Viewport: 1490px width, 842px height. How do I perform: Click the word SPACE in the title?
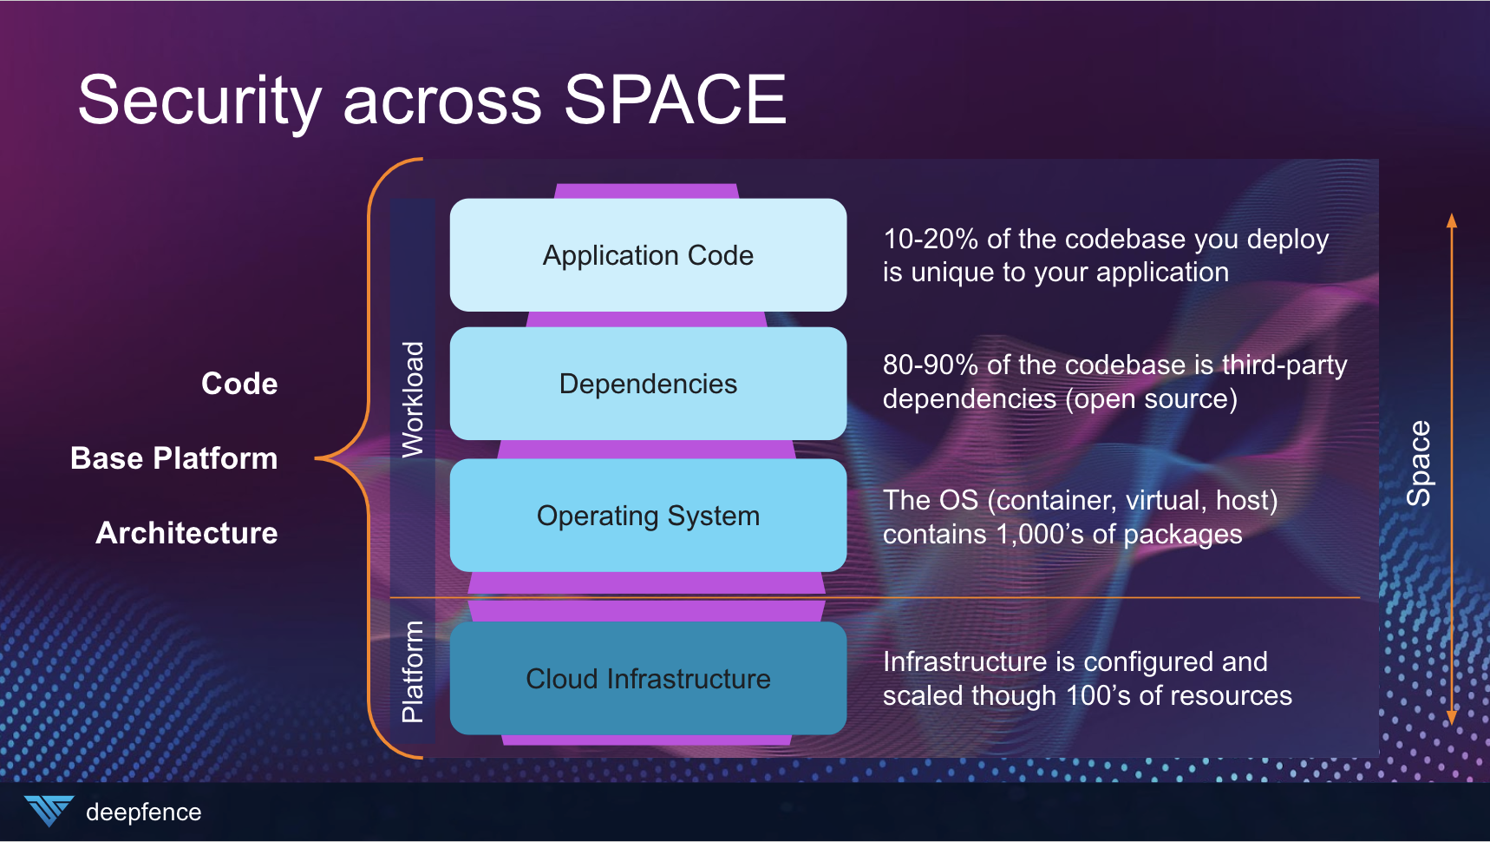[x=675, y=100]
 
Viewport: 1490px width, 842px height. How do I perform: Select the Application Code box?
[x=648, y=255]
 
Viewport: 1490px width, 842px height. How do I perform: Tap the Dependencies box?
[x=648, y=384]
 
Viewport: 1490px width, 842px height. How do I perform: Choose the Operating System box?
[x=648, y=516]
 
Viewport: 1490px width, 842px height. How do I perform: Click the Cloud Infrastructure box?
[x=648, y=679]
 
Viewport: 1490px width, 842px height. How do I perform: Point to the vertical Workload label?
[x=413, y=399]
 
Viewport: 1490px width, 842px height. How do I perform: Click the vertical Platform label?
[x=413, y=672]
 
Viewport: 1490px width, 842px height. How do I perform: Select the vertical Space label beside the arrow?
[x=1419, y=464]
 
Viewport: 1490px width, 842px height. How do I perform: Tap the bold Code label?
[x=239, y=384]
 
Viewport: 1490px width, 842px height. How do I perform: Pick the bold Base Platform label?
[x=173, y=458]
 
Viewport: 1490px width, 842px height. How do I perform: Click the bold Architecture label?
[x=186, y=533]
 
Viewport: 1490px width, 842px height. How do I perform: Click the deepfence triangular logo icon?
[x=49, y=810]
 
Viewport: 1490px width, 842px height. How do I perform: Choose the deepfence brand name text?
[x=143, y=812]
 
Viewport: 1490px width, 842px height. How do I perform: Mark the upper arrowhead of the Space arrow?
[x=1452, y=220]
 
